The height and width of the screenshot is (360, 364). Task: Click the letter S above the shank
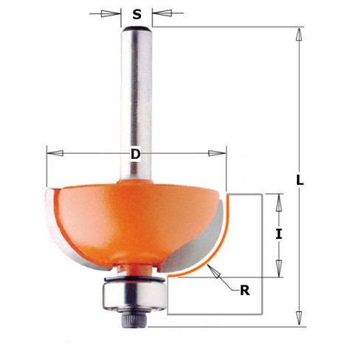(x=137, y=13)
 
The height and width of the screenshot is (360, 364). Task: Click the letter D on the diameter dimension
(x=135, y=154)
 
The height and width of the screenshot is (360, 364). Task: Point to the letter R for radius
(x=244, y=290)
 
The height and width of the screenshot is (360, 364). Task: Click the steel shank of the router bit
(x=137, y=96)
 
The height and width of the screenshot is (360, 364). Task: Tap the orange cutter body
(x=126, y=222)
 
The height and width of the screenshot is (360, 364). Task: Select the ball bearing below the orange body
(x=135, y=295)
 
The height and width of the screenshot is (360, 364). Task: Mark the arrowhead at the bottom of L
(x=298, y=319)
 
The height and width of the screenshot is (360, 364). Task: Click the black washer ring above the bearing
(x=136, y=280)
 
